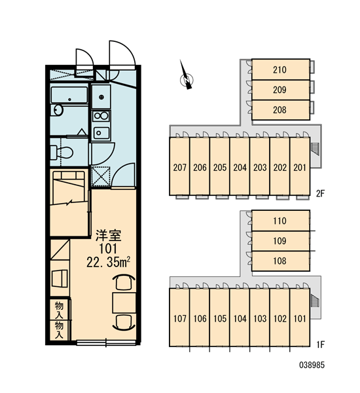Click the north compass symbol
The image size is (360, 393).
[x=187, y=79]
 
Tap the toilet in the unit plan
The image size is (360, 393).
[x=62, y=153]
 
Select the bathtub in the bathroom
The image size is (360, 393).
[x=69, y=95]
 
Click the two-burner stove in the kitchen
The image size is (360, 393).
[x=101, y=116]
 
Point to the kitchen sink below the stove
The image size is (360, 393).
[x=101, y=133]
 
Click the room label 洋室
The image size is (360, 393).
[x=108, y=235]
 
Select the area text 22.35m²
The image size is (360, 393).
[x=108, y=263]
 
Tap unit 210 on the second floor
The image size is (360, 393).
[x=281, y=69]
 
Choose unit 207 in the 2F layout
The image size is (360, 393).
[x=179, y=166]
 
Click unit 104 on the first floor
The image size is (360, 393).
[x=240, y=318]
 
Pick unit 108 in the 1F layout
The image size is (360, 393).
[x=281, y=261]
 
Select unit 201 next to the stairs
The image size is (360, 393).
[x=300, y=166]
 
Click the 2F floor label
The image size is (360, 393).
[x=321, y=193]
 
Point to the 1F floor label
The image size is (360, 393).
[x=321, y=345]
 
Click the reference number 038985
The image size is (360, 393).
[x=312, y=365]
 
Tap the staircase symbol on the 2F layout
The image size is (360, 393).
[x=315, y=149]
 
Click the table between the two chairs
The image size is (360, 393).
[x=124, y=303]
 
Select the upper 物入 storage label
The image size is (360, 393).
[x=60, y=310]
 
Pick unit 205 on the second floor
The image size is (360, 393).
[x=220, y=166]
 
